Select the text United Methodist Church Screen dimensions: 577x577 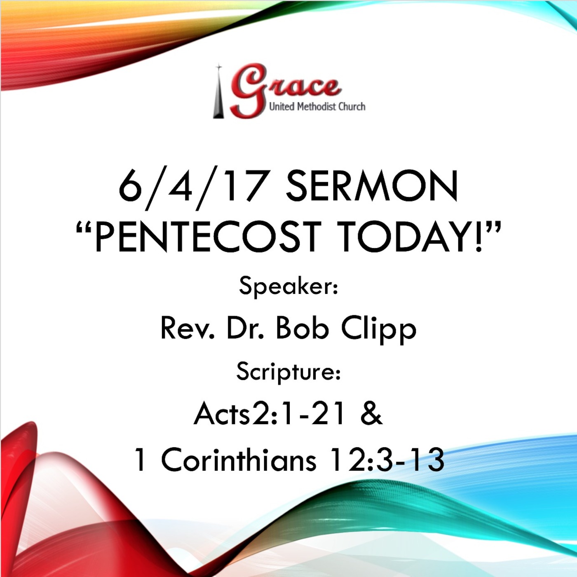(317, 107)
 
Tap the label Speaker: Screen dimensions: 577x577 (288, 286)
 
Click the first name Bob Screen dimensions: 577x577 (302, 329)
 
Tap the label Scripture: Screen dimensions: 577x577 (288, 371)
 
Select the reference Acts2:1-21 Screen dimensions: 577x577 (270, 414)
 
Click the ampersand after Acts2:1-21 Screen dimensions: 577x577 (371, 414)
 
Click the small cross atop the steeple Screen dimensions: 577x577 (219, 67)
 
